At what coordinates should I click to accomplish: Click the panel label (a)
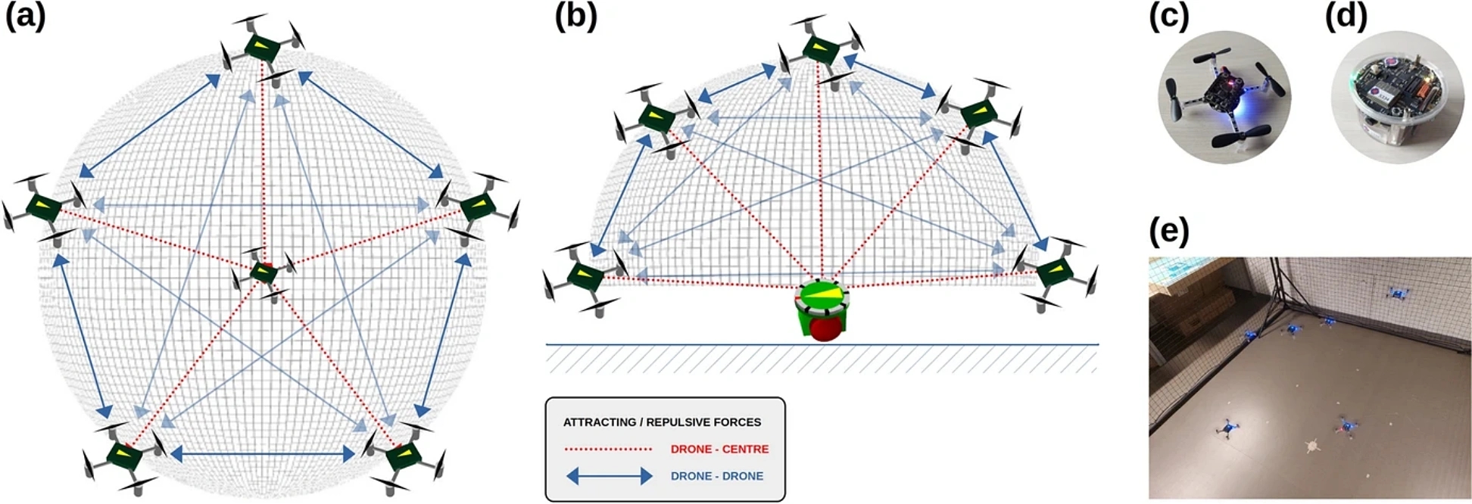25,17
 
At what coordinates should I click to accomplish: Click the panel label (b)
575,17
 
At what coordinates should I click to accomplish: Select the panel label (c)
1169,17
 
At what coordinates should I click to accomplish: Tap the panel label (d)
1346,17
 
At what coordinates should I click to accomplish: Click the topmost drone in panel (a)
262,48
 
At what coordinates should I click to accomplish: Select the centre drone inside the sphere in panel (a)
263,272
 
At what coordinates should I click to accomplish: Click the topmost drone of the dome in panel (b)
820,50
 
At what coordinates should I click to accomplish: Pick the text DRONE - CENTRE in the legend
719,449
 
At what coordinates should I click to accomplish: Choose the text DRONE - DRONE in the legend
716,476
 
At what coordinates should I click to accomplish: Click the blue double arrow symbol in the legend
610,476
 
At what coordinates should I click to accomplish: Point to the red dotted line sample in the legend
608,449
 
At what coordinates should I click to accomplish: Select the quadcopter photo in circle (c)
1224,97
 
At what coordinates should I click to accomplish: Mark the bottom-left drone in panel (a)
123,456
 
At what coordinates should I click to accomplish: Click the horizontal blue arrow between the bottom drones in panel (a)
262,454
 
